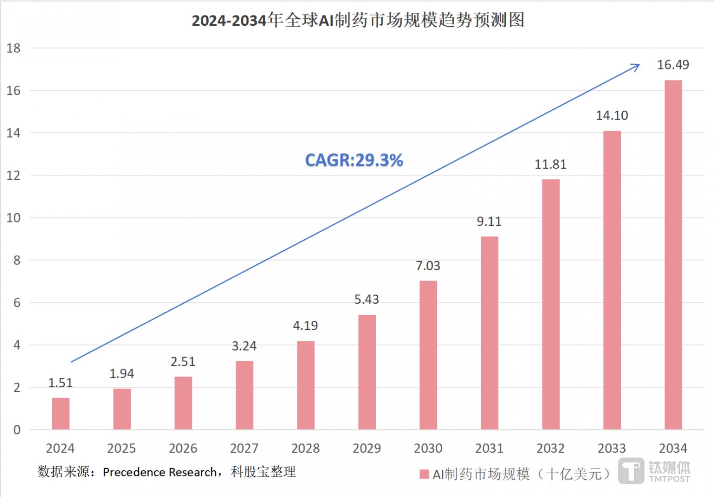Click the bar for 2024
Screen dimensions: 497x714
coord(60,413)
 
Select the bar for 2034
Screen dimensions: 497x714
coord(673,255)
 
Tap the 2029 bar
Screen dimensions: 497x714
coord(367,372)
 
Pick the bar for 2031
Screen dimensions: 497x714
coord(489,333)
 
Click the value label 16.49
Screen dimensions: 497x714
coord(673,65)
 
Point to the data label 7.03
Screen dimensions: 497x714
coord(428,266)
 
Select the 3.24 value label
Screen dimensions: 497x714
coord(244,346)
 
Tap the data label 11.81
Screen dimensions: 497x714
coord(550,164)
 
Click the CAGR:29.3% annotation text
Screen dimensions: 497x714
coord(354,160)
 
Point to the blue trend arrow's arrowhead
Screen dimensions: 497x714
coord(636,66)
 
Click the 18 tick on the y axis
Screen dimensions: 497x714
coord(13,48)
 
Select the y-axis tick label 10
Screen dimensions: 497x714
coord(13,218)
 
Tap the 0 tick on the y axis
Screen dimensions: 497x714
coord(17,430)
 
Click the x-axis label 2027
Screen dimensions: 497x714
coord(244,448)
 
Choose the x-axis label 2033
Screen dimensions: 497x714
coord(611,448)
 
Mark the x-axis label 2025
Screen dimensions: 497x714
coord(121,448)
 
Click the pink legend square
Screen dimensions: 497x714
coord(424,474)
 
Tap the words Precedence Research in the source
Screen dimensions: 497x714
coord(160,472)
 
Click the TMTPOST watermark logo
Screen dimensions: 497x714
coord(654,471)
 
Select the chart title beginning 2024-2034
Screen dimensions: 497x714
coord(358,20)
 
